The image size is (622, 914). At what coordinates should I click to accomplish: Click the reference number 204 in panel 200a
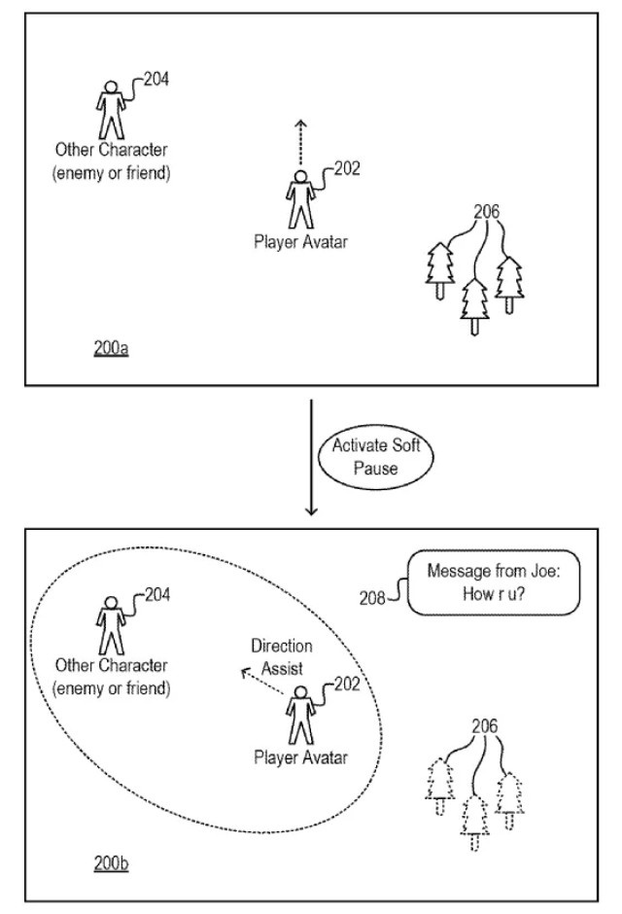pyautogui.click(x=156, y=79)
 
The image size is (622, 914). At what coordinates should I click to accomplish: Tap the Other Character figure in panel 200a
pyautogui.click(x=111, y=110)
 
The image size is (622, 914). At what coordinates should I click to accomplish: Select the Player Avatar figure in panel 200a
pyautogui.click(x=300, y=199)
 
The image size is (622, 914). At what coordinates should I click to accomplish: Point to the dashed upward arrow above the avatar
pyautogui.click(x=300, y=143)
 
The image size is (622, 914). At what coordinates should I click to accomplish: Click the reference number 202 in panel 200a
pyautogui.click(x=347, y=168)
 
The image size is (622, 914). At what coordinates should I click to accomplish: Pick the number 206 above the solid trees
pyautogui.click(x=486, y=211)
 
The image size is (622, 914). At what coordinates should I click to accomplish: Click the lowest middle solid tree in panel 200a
pyautogui.click(x=474, y=306)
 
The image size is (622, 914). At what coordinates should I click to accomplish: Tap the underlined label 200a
pyautogui.click(x=111, y=348)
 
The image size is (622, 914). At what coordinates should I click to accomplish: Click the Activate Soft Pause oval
pyautogui.click(x=376, y=457)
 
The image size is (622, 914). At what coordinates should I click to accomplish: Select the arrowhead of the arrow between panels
pyautogui.click(x=312, y=510)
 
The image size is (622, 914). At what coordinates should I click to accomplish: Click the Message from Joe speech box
pyautogui.click(x=494, y=582)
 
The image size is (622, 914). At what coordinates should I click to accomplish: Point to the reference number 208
pyautogui.click(x=372, y=598)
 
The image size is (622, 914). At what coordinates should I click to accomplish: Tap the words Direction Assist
pyautogui.click(x=282, y=657)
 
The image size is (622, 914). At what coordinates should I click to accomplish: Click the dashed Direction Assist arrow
pyautogui.click(x=262, y=682)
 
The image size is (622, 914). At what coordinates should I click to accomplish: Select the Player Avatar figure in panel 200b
pyautogui.click(x=300, y=716)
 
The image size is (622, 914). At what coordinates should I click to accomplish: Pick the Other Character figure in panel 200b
pyautogui.click(x=111, y=625)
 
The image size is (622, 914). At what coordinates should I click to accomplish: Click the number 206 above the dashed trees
pyautogui.click(x=485, y=726)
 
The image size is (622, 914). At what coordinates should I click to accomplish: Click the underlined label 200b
pyautogui.click(x=111, y=863)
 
